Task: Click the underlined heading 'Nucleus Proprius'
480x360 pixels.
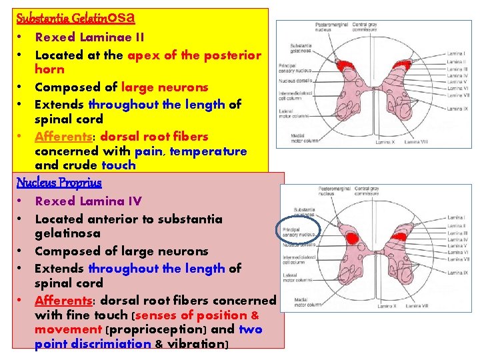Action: point(59,183)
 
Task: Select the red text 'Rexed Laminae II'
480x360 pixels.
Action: point(89,37)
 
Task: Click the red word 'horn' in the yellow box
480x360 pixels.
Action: point(49,69)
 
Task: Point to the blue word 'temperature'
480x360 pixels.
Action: point(208,151)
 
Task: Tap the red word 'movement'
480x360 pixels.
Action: point(67,329)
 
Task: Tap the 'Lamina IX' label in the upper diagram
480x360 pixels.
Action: point(457,109)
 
